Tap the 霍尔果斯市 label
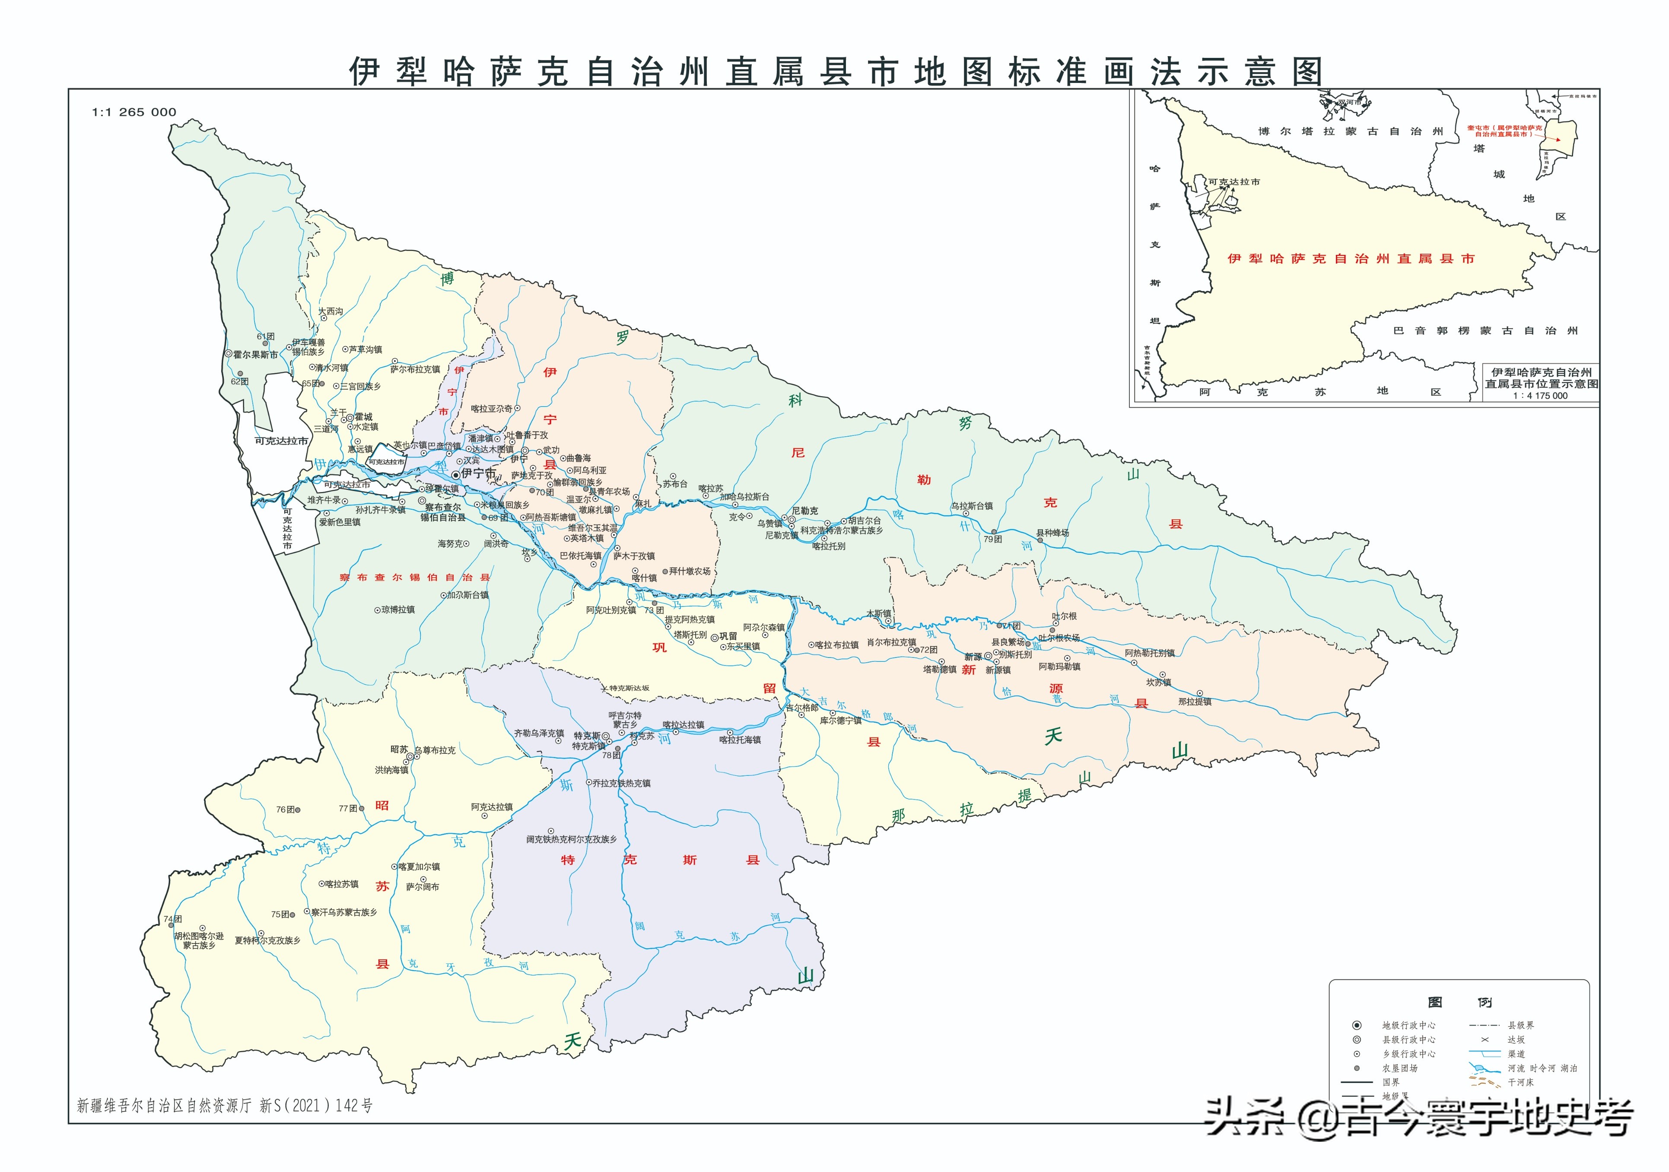tap(256, 355)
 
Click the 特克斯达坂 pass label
tap(629, 688)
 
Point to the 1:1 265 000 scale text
tap(134, 112)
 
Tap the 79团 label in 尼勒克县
tap(992, 540)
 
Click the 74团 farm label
tap(173, 919)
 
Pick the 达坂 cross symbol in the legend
tap(1485, 1040)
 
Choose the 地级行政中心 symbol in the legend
tap(1357, 1025)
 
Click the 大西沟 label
tap(331, 311)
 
